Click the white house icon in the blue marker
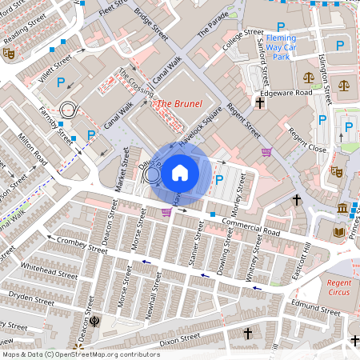tap(180, 172)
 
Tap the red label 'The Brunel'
tap(178, 104)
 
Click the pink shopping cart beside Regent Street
tap(266, 152)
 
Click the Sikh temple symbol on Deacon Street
tap(95, 322)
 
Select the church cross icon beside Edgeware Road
tap(259, 102)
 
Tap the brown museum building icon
tap(342, 210)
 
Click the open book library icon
tap(338, 232)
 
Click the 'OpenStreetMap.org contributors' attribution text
tap(104, 354)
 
